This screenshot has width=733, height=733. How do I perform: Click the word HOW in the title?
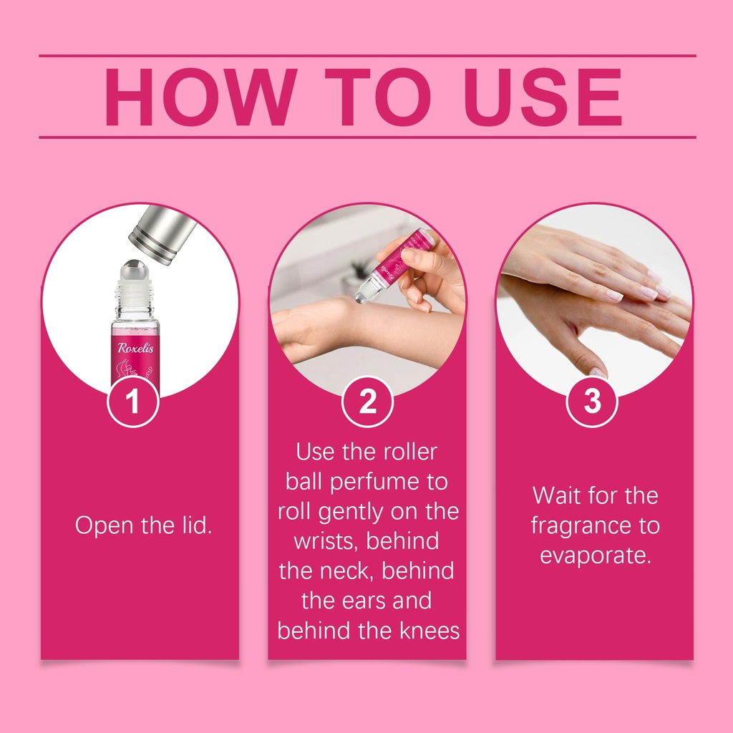(x=201, y=97)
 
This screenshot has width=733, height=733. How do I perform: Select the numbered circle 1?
(x=133, y=401)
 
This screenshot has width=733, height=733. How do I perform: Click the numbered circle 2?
(x=367, y=401)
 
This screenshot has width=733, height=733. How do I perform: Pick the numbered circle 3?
(x=592, y=401)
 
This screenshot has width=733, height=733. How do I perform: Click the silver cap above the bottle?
(x=162, y=234)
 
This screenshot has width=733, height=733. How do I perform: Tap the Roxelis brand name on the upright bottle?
(x=135, y=348)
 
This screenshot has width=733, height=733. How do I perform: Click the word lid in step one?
(x=196, y=525)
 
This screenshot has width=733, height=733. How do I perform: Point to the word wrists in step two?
(x=326, y=541)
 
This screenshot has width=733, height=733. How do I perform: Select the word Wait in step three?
(x=556, y=495)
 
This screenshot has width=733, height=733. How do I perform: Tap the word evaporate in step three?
(x=596, y=555)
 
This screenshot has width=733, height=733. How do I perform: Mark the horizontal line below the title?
(x=367, y=137)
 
